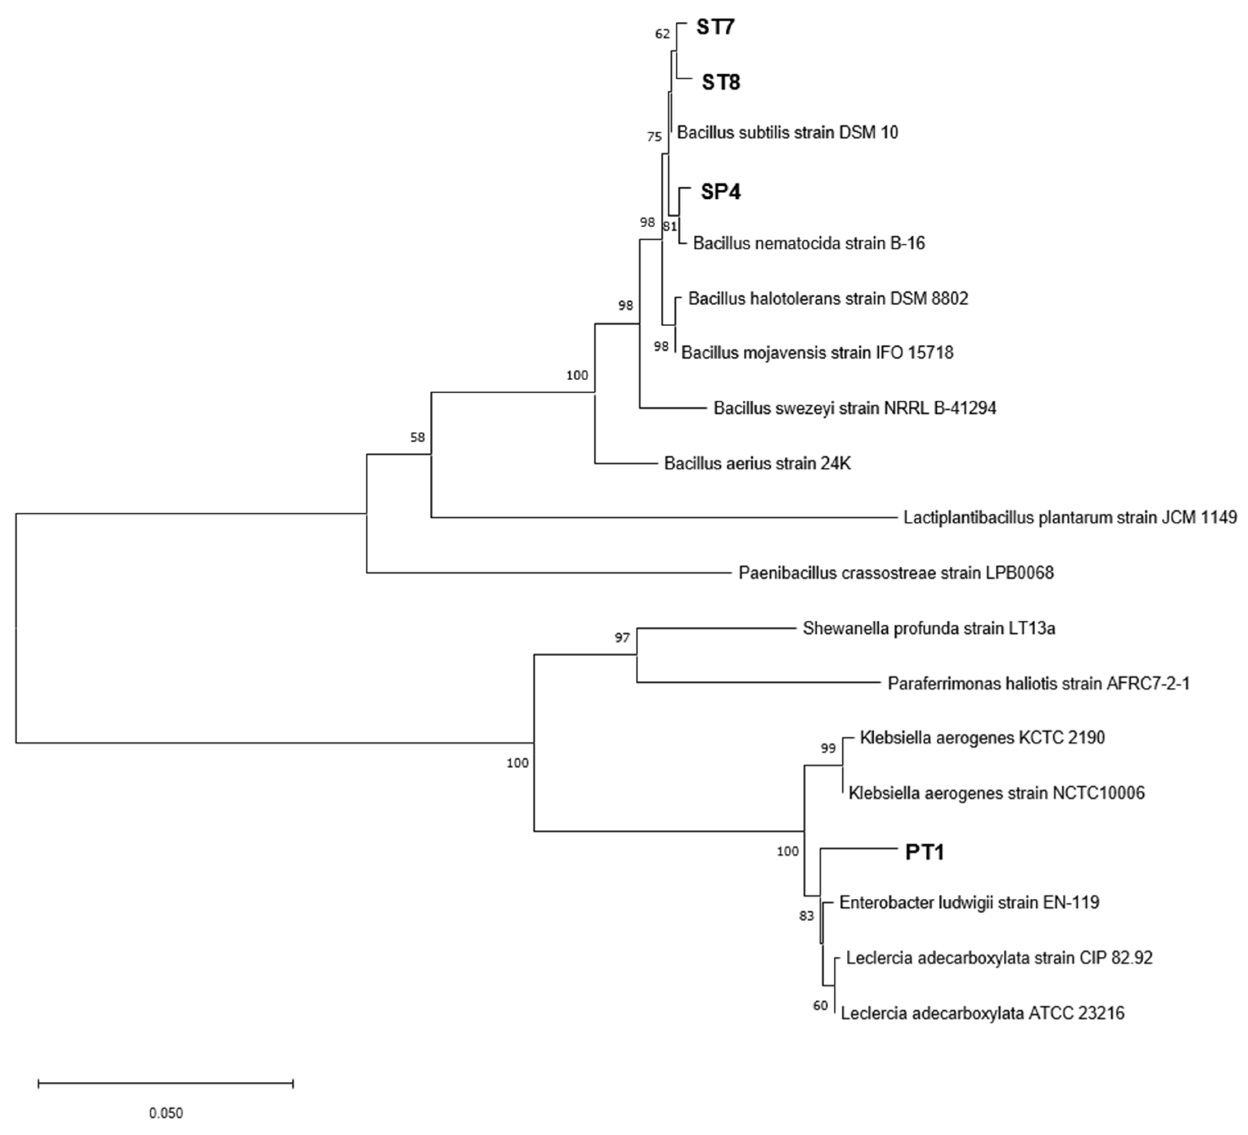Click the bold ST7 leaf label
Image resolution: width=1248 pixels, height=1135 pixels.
coord(715,27)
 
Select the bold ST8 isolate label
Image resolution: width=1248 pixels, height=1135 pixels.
coord(721,82)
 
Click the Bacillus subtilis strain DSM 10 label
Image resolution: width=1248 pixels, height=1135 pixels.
coord(787,132)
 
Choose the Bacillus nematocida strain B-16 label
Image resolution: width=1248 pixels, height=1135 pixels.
coord(808,243)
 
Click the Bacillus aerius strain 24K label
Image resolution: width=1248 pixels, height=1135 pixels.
coord(757,464)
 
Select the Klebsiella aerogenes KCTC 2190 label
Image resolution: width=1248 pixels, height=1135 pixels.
coord(982,738)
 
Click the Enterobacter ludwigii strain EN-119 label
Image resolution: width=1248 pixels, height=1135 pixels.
coord(969,902)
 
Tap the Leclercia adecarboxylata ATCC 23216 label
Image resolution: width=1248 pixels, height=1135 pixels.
coord(983,1013)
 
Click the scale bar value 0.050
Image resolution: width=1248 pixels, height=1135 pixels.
coord(166,1113)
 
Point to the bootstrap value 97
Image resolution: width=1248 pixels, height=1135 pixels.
coord(622,637)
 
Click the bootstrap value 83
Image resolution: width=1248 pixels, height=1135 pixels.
coord(806,916)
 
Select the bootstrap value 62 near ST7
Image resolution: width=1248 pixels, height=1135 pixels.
coord(662,34)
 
